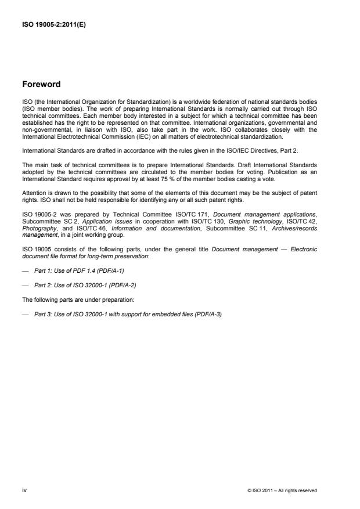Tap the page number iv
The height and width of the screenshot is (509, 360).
[x=24, y=490]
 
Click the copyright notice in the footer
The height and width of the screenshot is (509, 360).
[x=282, y=490]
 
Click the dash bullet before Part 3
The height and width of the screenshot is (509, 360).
[x=24, y=314]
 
